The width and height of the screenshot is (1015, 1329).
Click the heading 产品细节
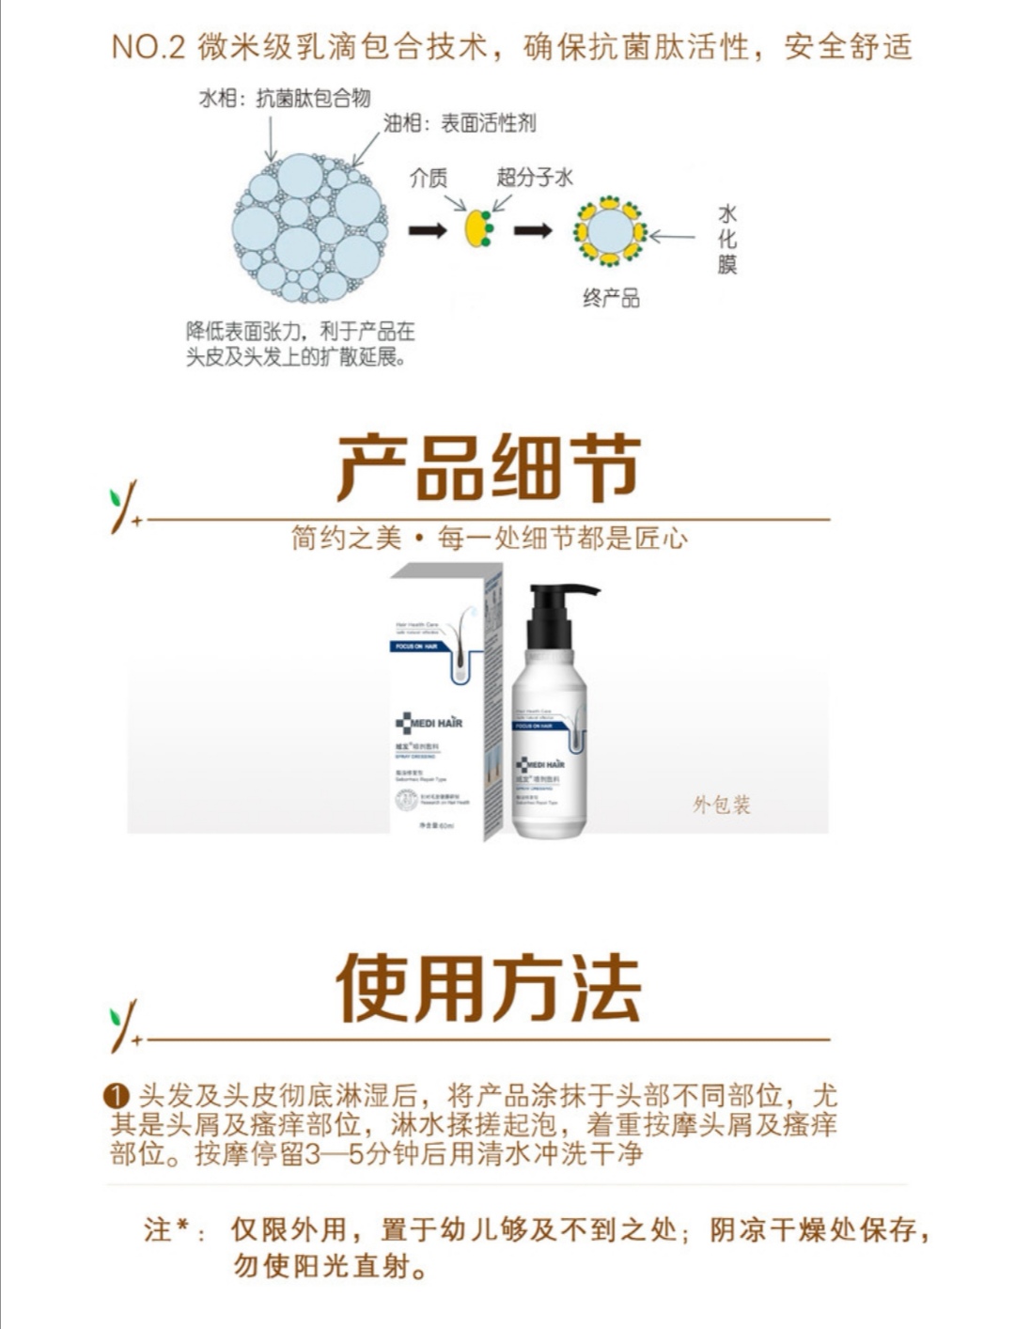pyautogui.click(x=489, y=467)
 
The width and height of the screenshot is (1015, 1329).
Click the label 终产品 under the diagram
pyautogui.click(x=611, y=299)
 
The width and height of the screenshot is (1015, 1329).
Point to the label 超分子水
pyautogui.click(x=535, y=177)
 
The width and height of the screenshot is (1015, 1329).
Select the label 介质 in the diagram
pyautogui.click(x=429, y=178)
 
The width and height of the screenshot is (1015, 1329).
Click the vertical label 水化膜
pyautogui.click(x=726, y=240)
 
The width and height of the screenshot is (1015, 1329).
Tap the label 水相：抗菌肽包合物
pyautogui.click(x=285, y=99)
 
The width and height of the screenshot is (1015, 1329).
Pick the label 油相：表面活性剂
pyautogui.click(x=460, y=123)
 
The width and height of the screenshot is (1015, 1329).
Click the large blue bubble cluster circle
pyautogui.click(x=310, y=228)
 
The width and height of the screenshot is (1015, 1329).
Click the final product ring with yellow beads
pyautogui.click(x=610, y=230)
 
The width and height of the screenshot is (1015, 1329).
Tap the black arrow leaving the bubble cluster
pyautogui.click(x=428, y=229)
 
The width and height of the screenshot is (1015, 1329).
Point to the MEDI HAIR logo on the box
pyautogui.click(x=429, y=723)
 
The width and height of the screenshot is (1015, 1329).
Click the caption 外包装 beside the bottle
pyautogui.click(x=722, y=805)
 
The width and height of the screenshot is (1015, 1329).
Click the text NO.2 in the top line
pyautogui.click(x=148, y=47)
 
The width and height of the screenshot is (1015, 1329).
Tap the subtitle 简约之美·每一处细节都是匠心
pyautogui.click(x=489, y=539)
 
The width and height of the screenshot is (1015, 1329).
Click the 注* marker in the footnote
pyautogui.click(x=172, y=1229)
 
